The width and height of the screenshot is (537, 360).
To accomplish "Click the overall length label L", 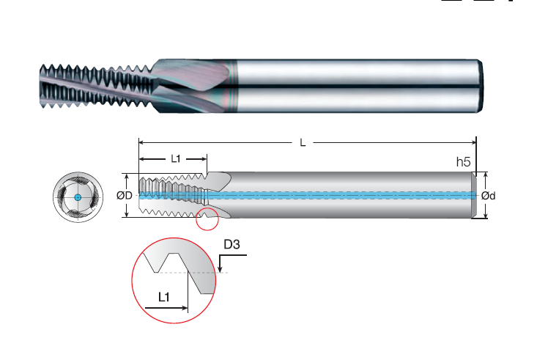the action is point(303,143).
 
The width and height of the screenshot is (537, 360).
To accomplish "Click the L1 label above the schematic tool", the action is point(175,159).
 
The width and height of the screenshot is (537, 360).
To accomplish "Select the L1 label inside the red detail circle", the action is point(164,297).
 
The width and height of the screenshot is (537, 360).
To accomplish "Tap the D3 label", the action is point(232,244).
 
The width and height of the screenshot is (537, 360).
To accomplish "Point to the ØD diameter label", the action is point(124,196).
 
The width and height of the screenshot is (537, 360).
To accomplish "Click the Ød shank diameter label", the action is point(488,196).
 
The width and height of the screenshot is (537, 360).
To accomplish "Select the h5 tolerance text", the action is point(463,162).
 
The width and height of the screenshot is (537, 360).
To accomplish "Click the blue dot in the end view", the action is point(78,197).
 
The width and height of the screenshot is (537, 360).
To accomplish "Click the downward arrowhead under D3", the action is point(220,269).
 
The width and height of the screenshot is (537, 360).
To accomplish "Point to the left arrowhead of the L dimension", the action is point(141,143).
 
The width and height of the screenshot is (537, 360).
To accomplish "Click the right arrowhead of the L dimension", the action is point(473,143).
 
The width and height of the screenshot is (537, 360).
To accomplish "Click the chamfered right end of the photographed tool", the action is point(481,86).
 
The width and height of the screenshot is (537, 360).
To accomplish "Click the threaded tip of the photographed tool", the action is point(42,86).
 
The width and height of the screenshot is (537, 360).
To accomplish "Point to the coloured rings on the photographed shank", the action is point(233,86).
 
